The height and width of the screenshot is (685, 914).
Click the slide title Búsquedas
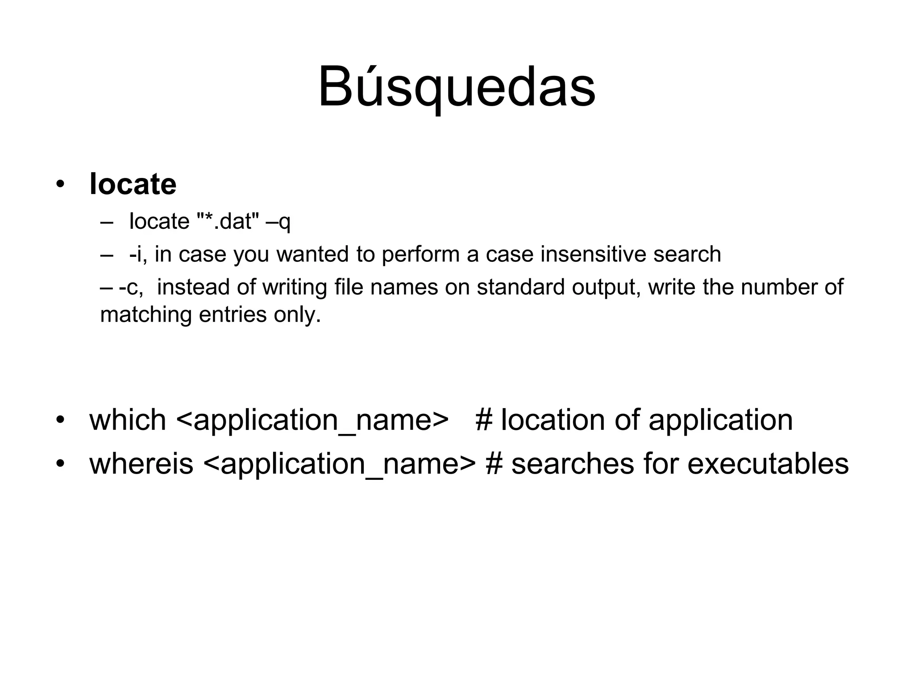coord(457,87)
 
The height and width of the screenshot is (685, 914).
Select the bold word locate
coord(133,184)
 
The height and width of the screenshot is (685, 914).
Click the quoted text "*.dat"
coord(228,221)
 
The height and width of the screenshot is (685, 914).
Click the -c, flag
coord(131,287)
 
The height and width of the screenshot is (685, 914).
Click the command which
coord(128,420)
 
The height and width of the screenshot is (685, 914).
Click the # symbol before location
coord(484,420)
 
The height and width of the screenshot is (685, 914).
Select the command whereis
coord(141,464)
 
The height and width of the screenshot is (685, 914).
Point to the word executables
coord(768,464)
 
